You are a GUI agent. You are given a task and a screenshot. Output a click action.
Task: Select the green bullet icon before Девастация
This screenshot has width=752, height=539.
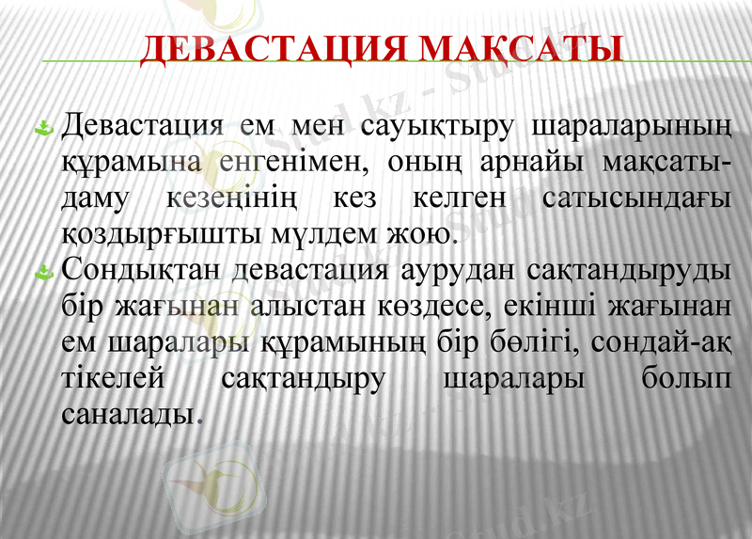coord(42,127)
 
